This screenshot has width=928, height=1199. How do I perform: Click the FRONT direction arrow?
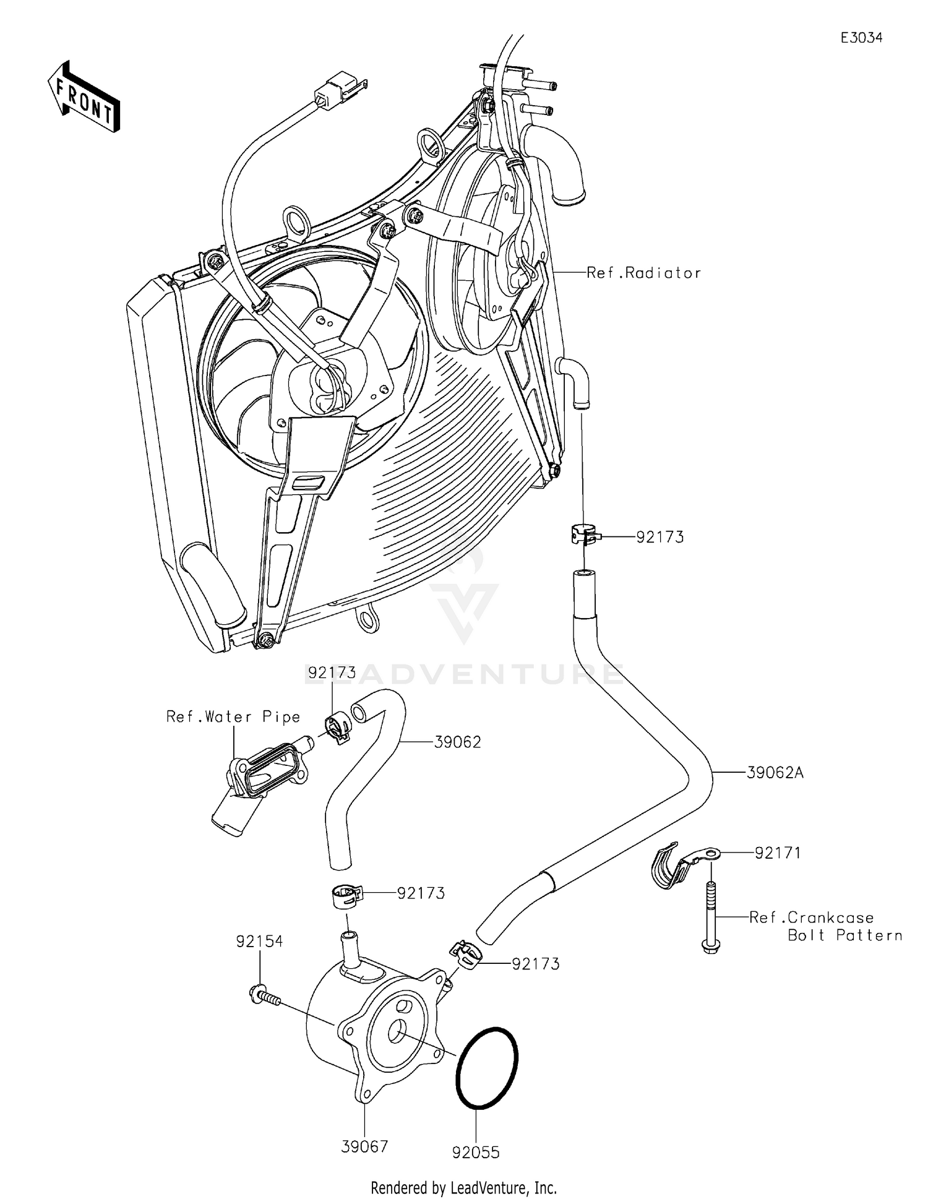click(x=84, y=98)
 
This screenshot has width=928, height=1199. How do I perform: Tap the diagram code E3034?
click(x=861, y=38)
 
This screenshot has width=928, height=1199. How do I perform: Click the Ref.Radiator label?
click(x=643, y=273)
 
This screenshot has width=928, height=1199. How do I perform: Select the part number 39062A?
click(x=775, y=773)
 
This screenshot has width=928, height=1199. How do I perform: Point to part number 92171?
click(x=777, y=853)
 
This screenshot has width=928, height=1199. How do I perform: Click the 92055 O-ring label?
click(x=476, y=1153)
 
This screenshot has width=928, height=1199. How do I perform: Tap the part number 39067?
click(x=364, y=1146)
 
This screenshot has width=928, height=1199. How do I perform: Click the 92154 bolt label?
click(x=259, y=941)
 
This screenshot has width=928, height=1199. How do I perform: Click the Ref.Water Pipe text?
click(x=233, y=716)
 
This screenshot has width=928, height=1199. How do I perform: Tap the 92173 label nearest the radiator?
click(x=660, y=537)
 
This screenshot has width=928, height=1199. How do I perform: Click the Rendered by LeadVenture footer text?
click(x=463, y=1187)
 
